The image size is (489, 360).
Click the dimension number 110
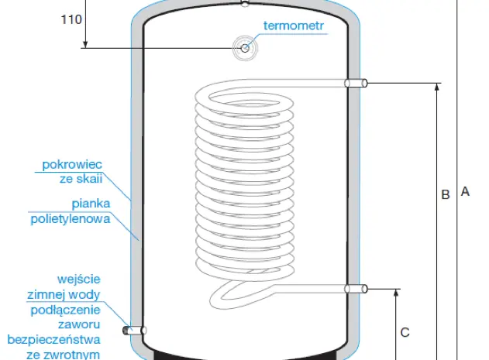(x=71, y=19)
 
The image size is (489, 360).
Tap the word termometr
(x=294, y=26)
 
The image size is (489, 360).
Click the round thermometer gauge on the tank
(x=245, y=48)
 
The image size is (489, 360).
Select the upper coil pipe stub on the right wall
(x=356, y=83)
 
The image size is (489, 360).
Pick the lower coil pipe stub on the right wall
(x=356, y=289)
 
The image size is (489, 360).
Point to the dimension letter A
(x=465, y=191)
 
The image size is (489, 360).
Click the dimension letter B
(x=446, y=194)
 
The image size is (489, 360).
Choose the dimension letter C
(x=405, y=332)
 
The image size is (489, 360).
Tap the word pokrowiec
(x=72, y=164)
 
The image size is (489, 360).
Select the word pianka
(x=91, y=204)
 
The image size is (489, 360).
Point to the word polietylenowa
(x=71, y=218)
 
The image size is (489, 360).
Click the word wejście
(x=79, y=279)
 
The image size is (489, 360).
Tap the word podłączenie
(x=66, y=310)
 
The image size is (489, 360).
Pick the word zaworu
(x=79, y=324)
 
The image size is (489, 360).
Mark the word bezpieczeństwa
(x=53, y=339)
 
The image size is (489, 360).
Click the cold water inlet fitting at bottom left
(x=134, y=330)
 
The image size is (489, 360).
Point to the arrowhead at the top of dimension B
(x=437, y=87)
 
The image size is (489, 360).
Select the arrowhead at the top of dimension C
(x=396, y=293)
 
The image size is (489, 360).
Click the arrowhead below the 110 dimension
(x=85, y=45)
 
